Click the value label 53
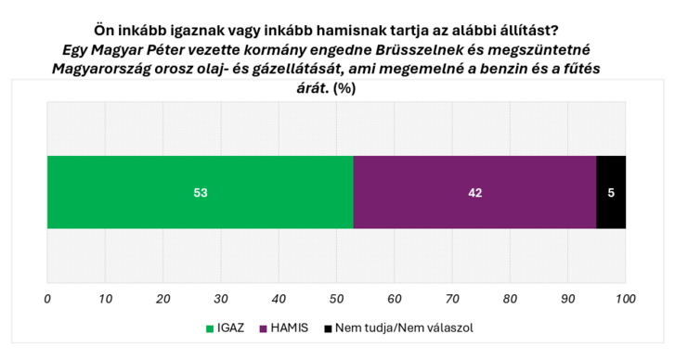click(x=200, y=193)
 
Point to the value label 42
click(x=474, y=193)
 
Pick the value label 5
click(x=611, y=193)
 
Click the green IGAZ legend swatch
click(x=209, y=328)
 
